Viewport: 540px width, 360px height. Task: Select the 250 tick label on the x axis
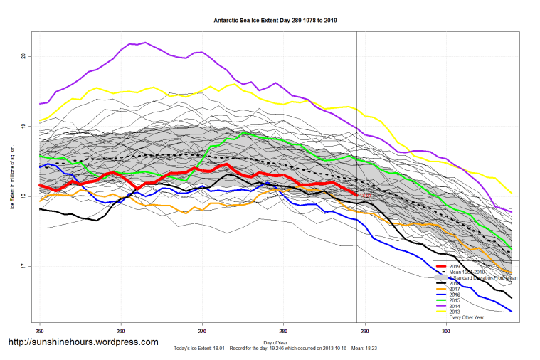[40, 331]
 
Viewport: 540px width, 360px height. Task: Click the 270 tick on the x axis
[202, 331]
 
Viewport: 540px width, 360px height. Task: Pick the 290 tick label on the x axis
[365, 331]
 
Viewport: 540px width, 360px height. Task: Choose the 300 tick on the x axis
[446, 331]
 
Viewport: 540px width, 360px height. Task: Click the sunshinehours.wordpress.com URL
[83, 342]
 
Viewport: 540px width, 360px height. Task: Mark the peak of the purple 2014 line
[145, 43]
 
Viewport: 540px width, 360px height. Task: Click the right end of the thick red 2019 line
[356, 194]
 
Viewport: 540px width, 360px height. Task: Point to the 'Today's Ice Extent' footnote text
[275, 350]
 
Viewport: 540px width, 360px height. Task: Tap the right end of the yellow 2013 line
[512, 193]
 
